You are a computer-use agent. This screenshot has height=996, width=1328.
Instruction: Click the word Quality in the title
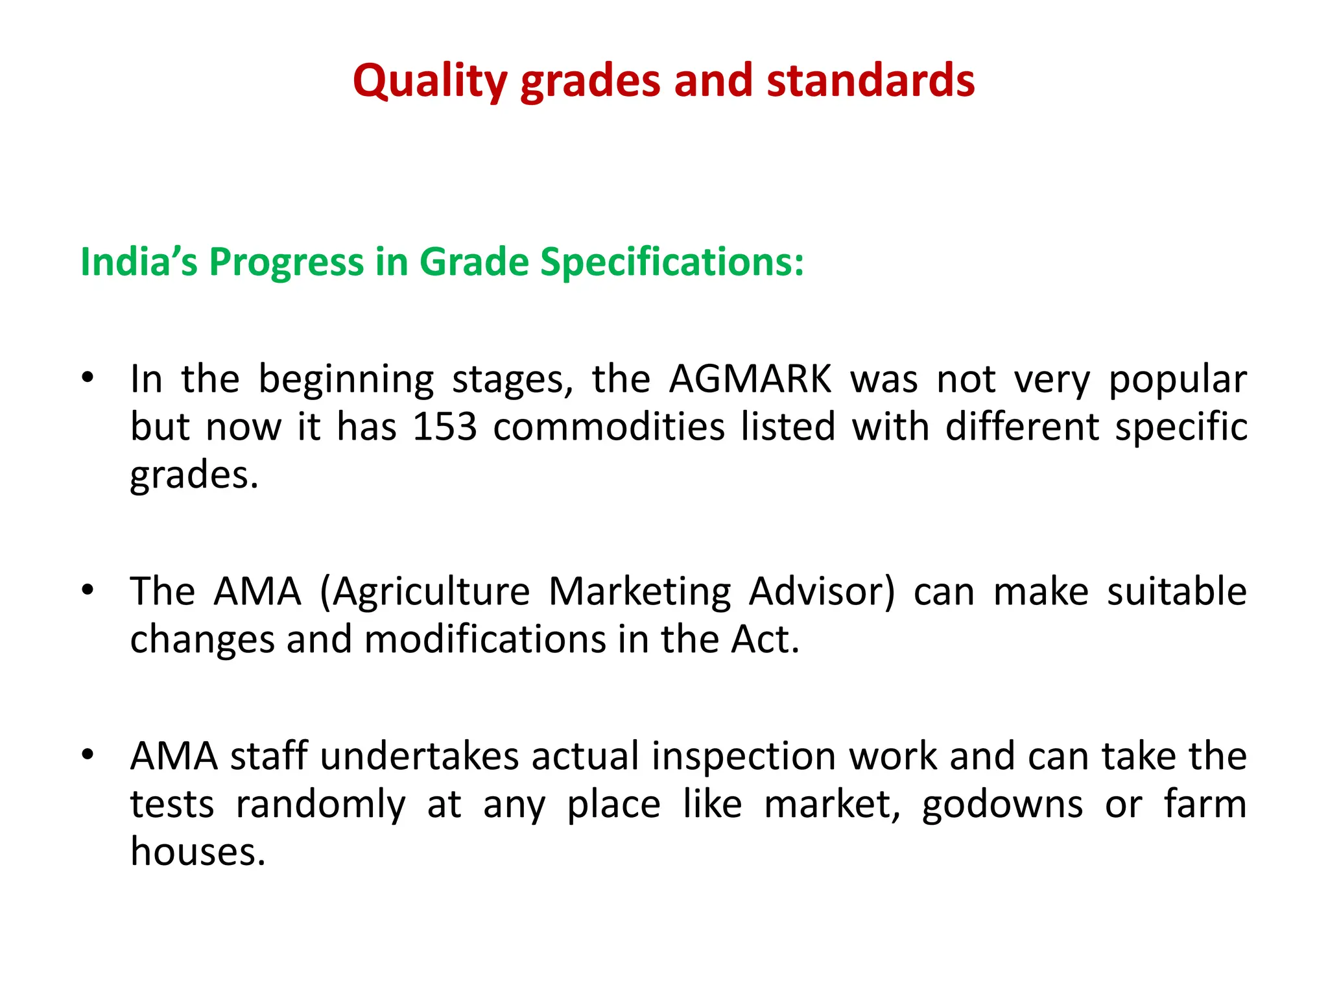(x=430, y=82)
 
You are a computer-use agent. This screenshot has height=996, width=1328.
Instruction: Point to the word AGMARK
(x=750, y=379)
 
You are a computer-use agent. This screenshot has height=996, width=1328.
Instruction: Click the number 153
(x=445, y=427)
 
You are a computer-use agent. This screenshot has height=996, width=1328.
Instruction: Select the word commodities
(x=609, y=427)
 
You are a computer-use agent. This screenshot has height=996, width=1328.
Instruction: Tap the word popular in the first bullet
(x=1178, y=380)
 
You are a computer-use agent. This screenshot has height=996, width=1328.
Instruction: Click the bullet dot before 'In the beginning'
(x=88, y=377)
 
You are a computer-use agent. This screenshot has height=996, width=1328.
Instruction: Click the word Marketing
(x=640, y=592)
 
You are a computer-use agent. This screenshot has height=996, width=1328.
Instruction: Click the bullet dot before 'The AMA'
(x=88, y=589)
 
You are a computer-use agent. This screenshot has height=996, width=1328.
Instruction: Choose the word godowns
(x=1002, y=805)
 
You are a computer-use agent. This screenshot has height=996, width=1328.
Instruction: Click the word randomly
(x=320, y=805)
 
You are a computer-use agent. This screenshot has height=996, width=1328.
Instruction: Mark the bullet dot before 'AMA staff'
(x=88, y=754)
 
